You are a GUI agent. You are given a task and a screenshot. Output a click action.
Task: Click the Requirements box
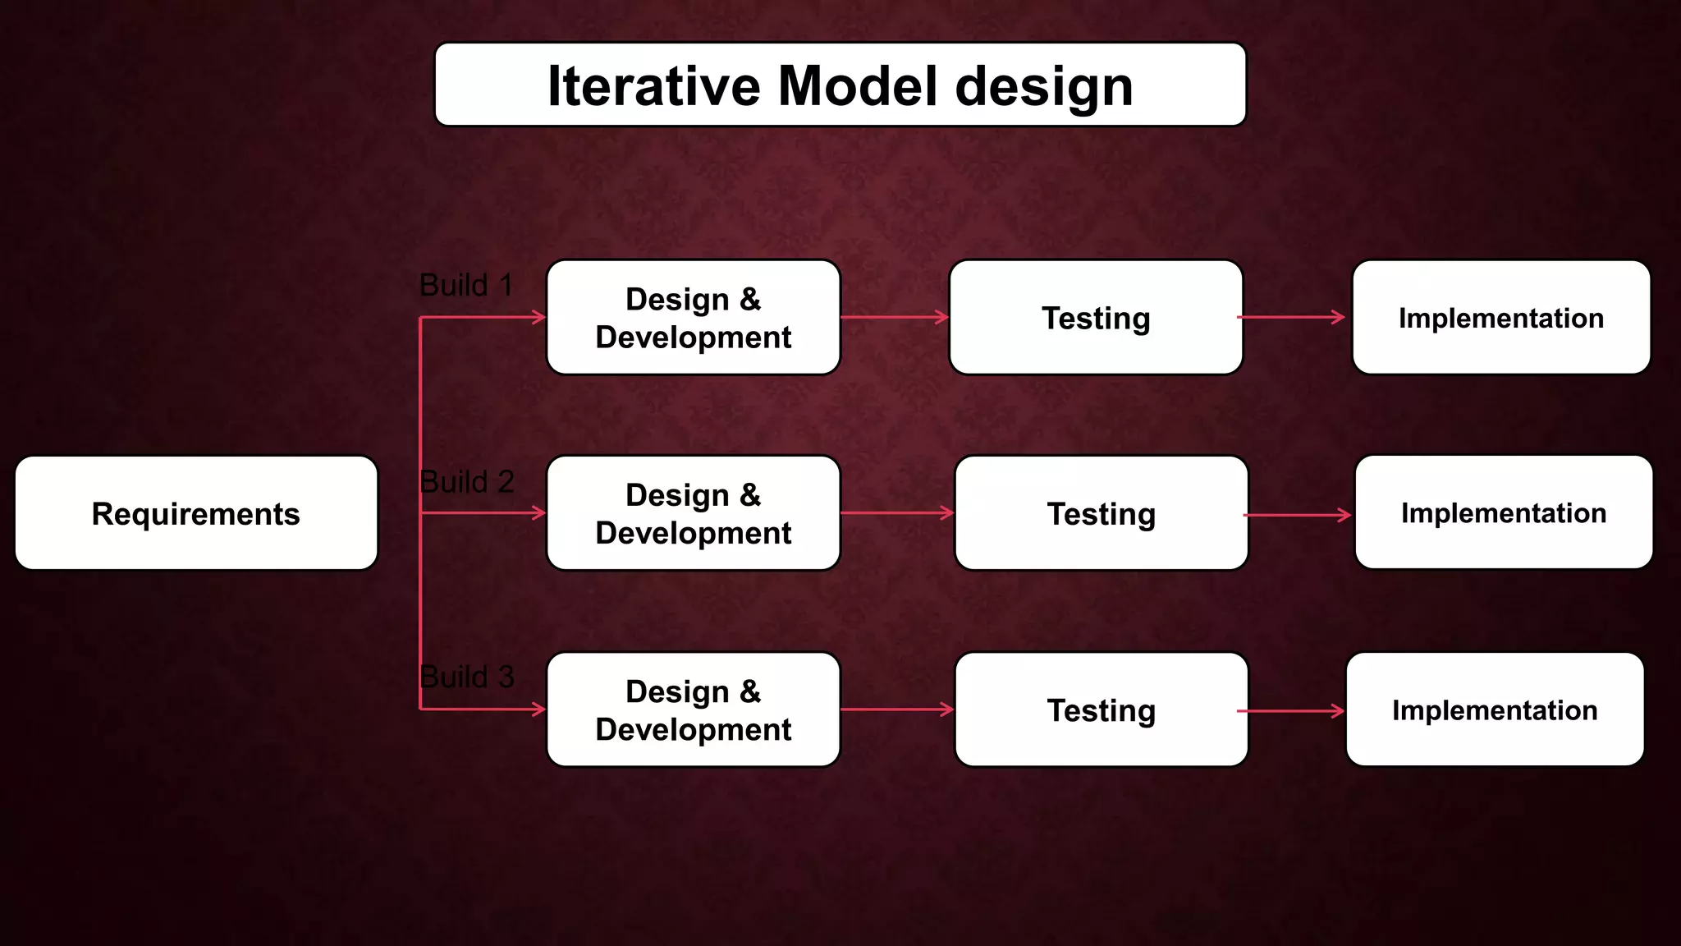coord(196,513)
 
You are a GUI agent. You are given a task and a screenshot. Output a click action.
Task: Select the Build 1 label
coord(465,285)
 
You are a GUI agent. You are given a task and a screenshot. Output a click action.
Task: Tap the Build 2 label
coord(466,481)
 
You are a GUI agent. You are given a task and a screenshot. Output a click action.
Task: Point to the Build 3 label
coord(466,677)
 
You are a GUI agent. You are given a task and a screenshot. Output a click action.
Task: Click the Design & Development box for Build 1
coord(694,318)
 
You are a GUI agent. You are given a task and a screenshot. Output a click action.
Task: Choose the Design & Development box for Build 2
coord(694,513)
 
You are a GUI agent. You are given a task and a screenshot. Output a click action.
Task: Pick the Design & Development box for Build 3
coord(694,709)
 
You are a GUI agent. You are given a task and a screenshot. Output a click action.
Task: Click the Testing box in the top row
coord(1096,318)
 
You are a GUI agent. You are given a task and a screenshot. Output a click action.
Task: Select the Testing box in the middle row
coord(1102,513)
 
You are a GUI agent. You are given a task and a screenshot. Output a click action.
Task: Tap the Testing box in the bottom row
coord(1102,709)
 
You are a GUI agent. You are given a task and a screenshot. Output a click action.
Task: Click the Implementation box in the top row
coord(1501,318)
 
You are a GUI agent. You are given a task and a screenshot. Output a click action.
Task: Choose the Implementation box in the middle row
coord(1504,512)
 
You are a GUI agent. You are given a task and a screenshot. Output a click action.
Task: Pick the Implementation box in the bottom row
coord(1495,709)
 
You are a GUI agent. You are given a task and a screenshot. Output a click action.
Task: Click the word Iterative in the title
coord(654,85)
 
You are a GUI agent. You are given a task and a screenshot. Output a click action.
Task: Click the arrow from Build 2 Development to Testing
coord(896,513)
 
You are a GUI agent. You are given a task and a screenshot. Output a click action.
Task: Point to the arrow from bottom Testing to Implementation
coord(1290,711)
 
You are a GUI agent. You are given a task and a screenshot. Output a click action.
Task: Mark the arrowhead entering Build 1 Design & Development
coord(539,317)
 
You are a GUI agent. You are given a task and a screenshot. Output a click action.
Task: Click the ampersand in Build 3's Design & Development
coord(750,691)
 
